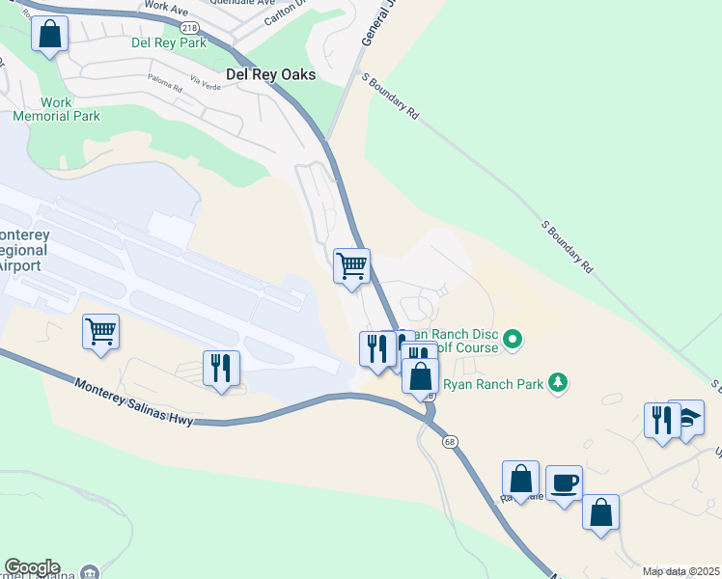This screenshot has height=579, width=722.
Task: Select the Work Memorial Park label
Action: tap(56, 109)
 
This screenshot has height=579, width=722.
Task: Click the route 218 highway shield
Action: tap(197, 29)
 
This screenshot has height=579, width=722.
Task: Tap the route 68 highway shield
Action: tap(450, 442)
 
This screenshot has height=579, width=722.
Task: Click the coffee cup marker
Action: tap(564, 483)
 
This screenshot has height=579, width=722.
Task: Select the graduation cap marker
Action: tap(686, 418)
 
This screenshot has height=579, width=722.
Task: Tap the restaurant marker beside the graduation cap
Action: tap(662, 420)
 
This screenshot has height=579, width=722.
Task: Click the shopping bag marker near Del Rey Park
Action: tap(50, 35)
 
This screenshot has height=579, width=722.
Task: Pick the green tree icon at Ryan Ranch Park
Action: tap(557, 383)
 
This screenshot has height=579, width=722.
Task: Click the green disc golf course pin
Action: tap(514, 339)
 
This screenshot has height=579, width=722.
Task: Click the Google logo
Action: tap(32, 567)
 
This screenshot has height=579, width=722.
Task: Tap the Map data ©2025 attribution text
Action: tap(680, 571)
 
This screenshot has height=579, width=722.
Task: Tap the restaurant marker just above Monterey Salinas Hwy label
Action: tap(221, 368)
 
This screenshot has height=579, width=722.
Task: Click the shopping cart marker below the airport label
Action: tap(100, 333)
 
